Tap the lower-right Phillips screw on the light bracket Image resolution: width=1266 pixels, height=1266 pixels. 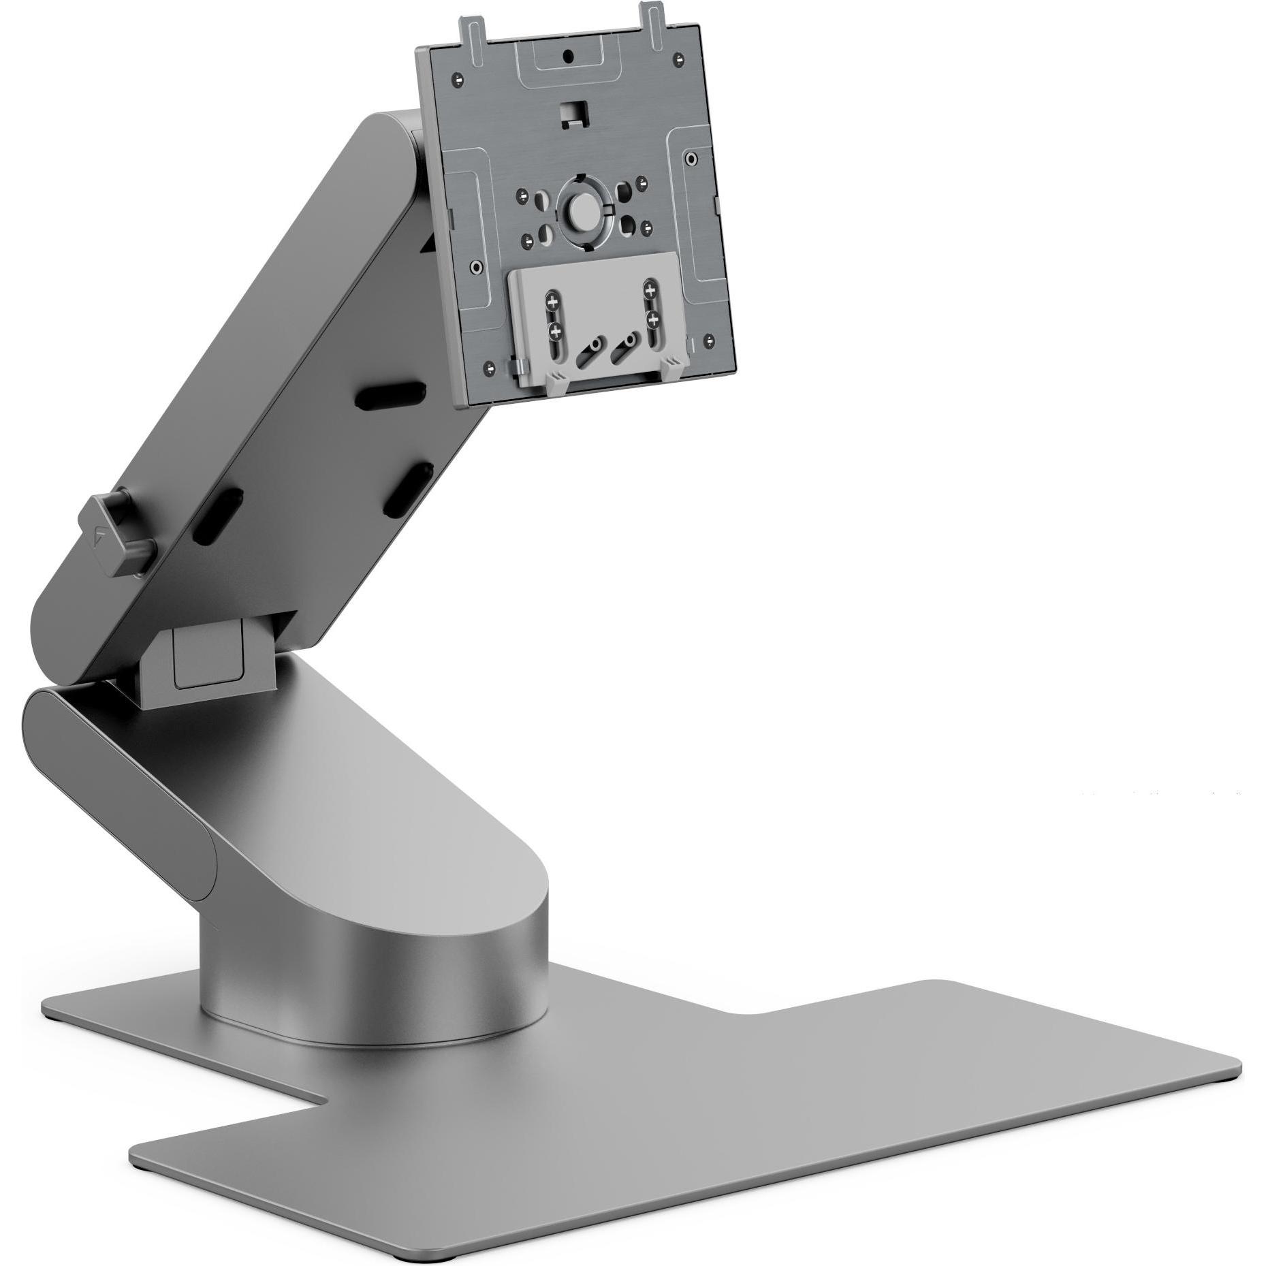pyautogui.click(x=651, y=319)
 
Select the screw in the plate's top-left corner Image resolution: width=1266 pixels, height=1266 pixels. pyautogui.click(x=458, y=79)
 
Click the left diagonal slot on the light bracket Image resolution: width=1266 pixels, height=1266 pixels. pyautogui.click(x=590, y=350)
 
